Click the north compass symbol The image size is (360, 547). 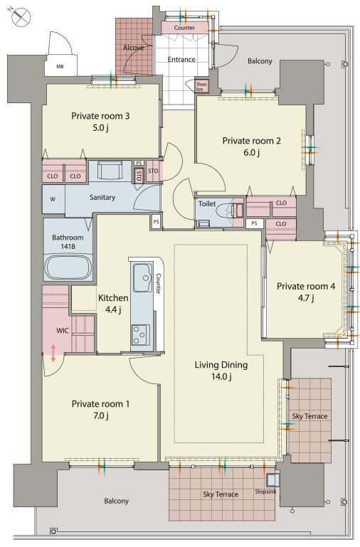click(x=20, y=16)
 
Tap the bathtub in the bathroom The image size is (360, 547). click(x=68, y=267)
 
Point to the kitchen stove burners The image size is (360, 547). click(x=141, y=335)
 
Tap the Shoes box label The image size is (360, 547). click(x=201, y=87)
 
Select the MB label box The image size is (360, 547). click(x=60, y=65)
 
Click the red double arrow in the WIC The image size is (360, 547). click(x=53, y=353)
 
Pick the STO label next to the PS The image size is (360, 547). click(x=153, y=171)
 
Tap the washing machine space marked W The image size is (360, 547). click(x=53, y=199)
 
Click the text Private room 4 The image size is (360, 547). click(x=306, y=287)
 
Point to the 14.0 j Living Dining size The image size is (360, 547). click(x=221, y=376)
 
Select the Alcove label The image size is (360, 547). click(x=133, y=48)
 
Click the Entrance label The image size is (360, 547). click(x=181, y=59)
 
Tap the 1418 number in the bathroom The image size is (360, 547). click(x=68, y=246)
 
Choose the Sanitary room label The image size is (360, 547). click(x=102, y=198)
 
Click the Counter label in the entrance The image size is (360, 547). click(x=184, y=28)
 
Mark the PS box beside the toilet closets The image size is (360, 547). click(x=254, y=223)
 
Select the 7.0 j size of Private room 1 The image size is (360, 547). click(x=101, y=415)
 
